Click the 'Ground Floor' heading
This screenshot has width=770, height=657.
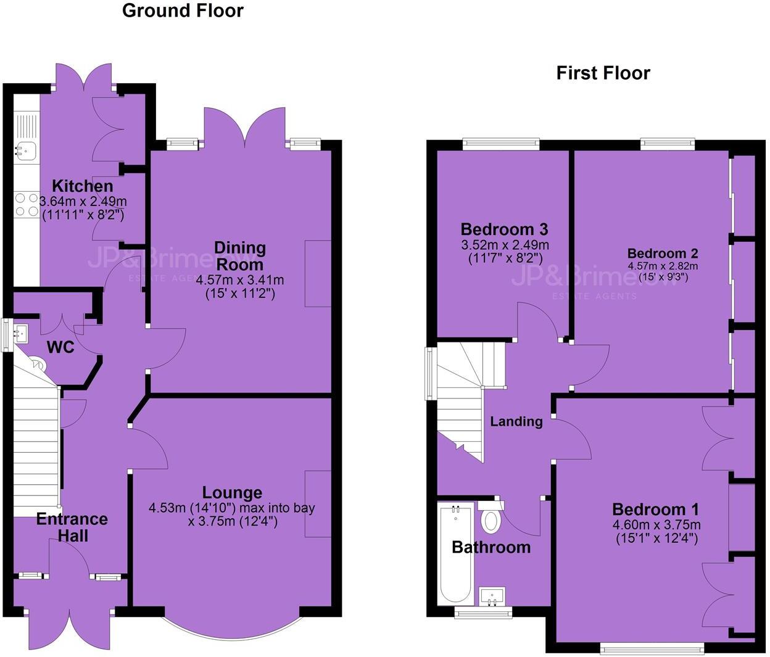pyautogui.click(x=183, y=10)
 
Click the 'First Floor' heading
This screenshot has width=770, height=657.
pyautogui.click(x=603, y=73)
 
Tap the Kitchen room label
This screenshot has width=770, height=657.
pyautogui.click(x=83, y=186)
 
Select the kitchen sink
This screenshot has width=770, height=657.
pyautogui.click(x=26, y=149)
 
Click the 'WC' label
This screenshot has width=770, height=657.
pyautogui.click(x=60, y=347)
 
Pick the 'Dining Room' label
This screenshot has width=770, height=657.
pyautogui.click(x=239, y=256)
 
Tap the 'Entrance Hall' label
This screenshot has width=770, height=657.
pyautogui.click(x=72, y=527)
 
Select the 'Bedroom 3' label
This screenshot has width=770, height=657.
pyautogui.click(x=504, y=229)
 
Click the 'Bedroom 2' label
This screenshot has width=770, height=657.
pyautogui.click(x=663, y=254)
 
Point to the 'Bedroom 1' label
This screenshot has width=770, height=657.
pyautogui.click(x=655, y=510)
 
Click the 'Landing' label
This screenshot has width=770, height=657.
pyautogui.click(x=516, y=421)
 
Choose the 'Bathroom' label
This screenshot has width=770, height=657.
pyautogui.click(x=491, y=547)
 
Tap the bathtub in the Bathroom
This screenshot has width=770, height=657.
pyautogui.click(x=455, y=554)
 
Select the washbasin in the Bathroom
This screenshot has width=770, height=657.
pyautogui.click(x=492, y=597)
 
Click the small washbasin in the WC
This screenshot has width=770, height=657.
pyautogui.click(x=21, y=334)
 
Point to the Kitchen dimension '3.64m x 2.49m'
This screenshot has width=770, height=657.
pyautogui.click(x=83, y=201)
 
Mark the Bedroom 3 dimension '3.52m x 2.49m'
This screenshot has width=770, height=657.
pyautogui.click(x=505, y=245)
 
